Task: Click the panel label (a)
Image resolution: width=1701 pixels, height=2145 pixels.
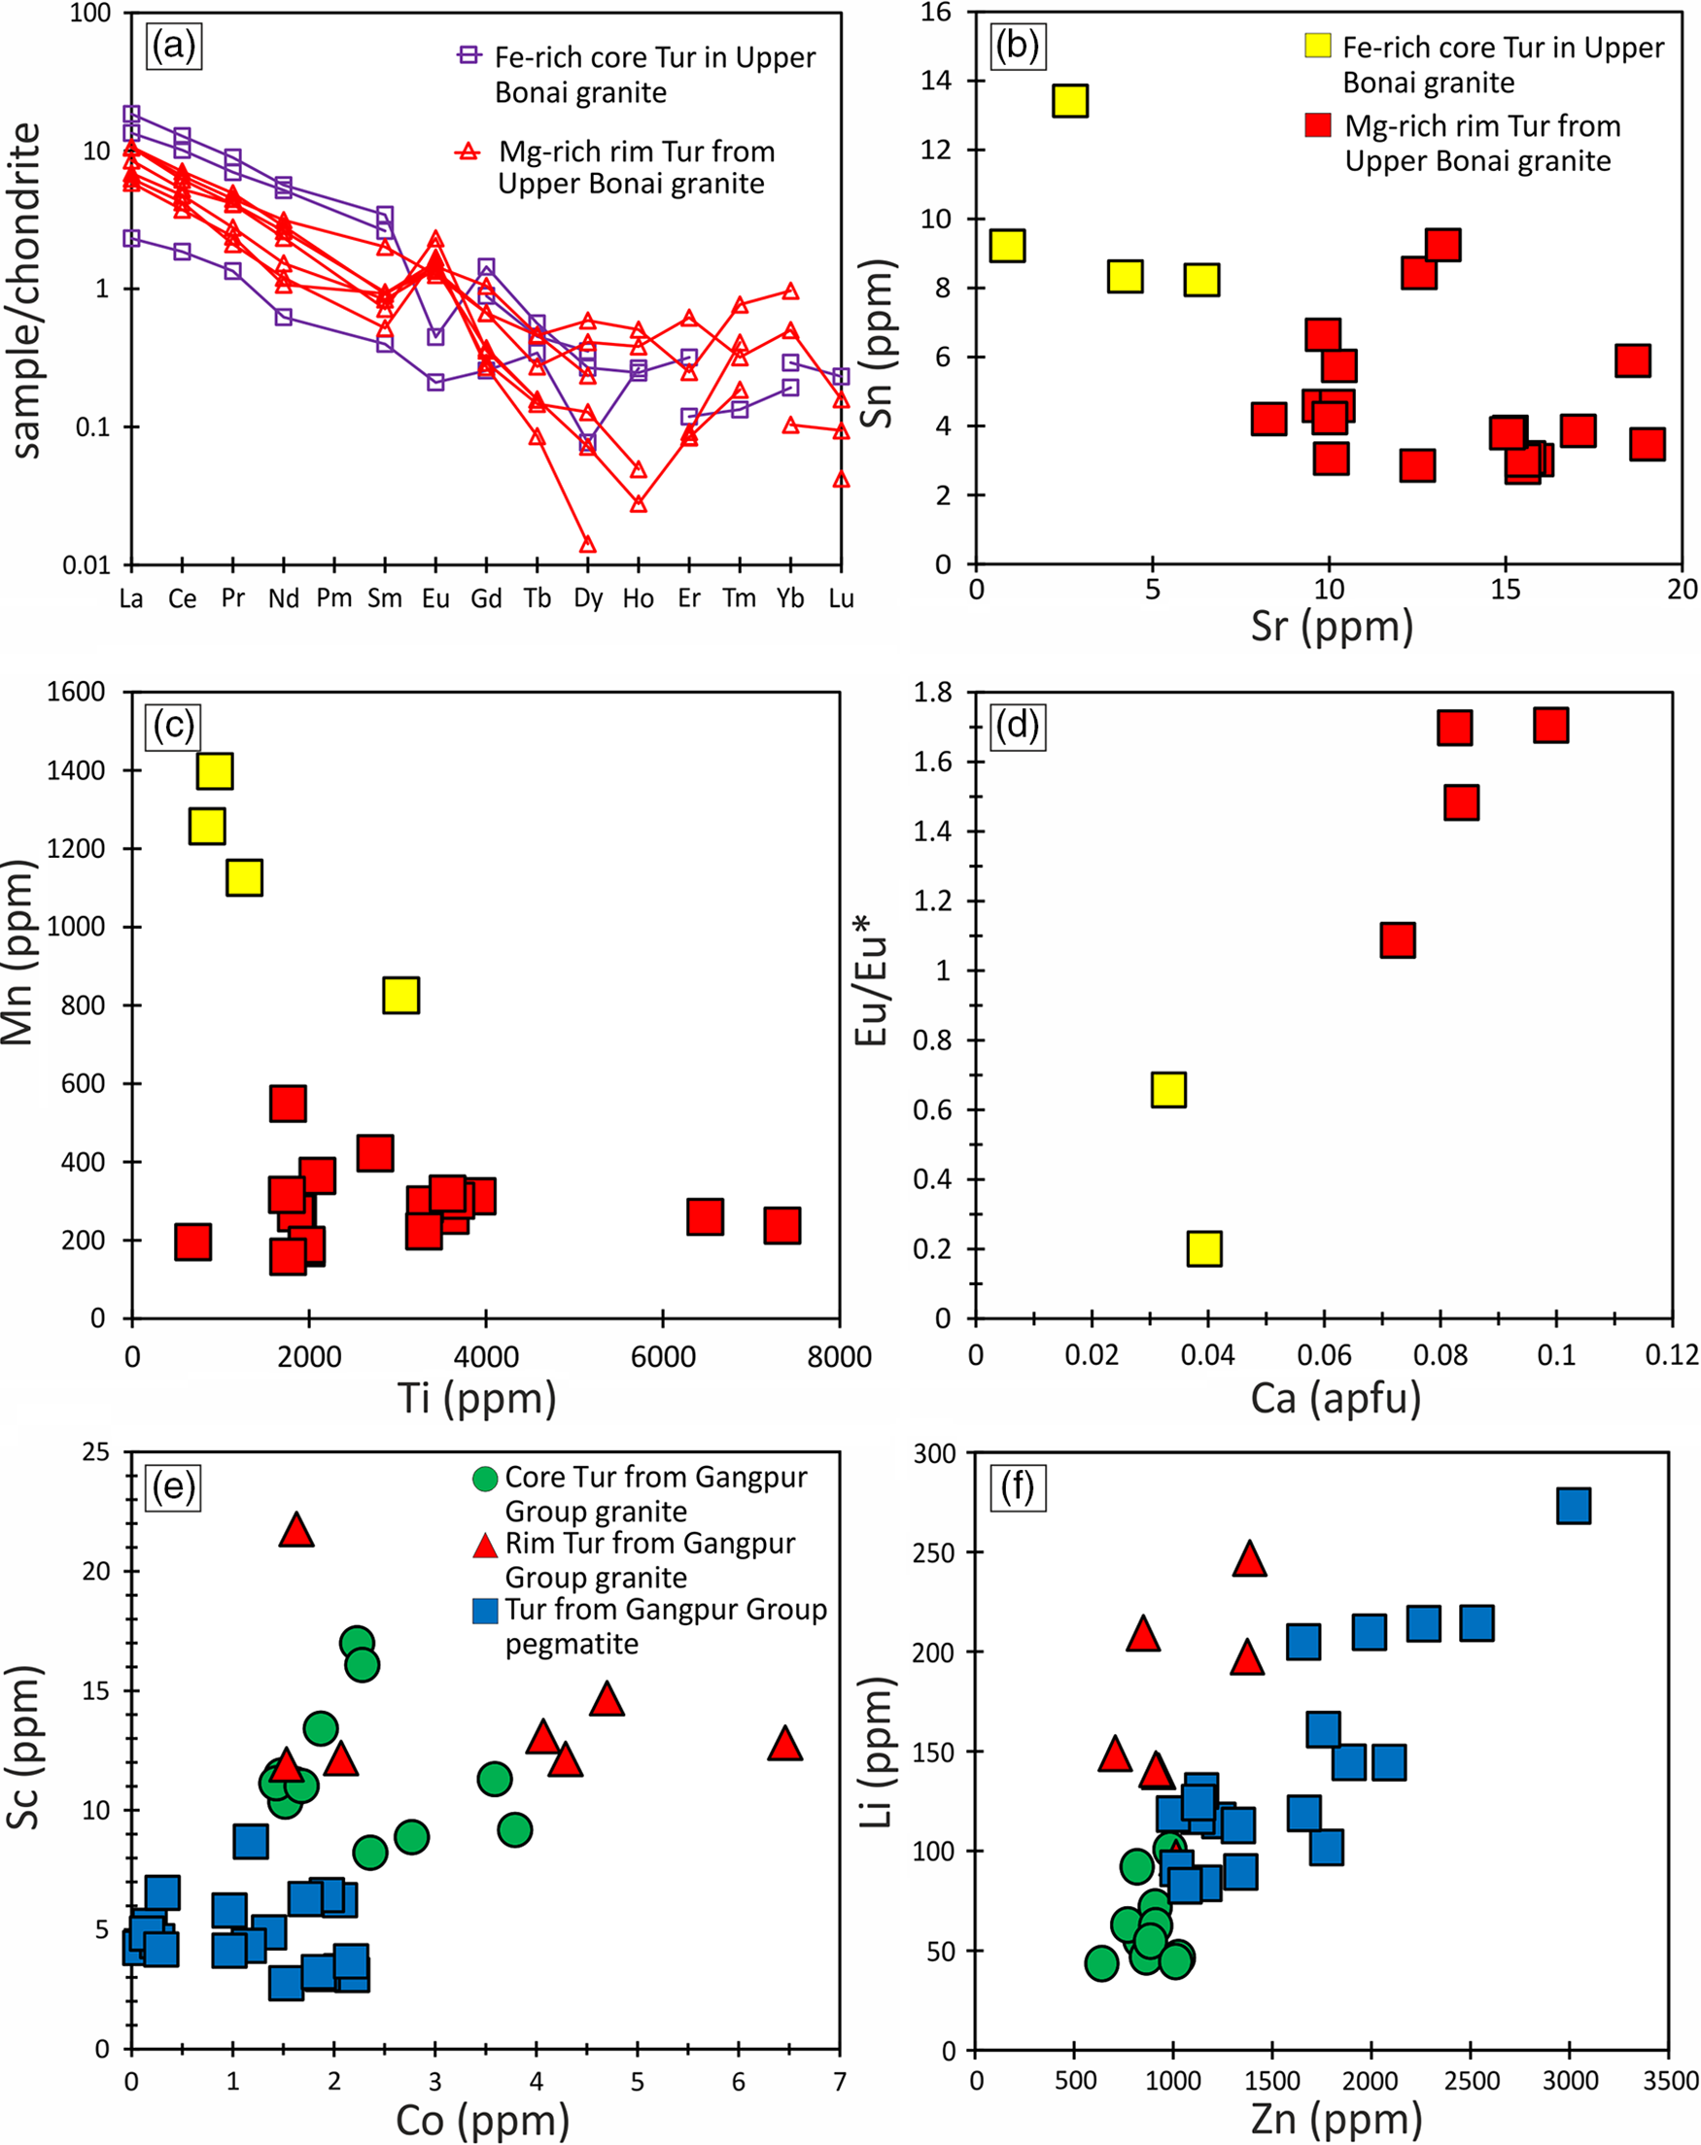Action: (174, 46)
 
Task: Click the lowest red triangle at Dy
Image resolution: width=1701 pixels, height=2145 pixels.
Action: (587, 544)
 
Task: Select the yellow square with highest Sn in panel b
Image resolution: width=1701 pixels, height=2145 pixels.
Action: (1069, 100)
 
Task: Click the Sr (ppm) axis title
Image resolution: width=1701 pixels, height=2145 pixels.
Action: (1332, 627)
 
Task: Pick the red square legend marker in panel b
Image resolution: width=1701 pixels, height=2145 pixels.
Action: (1318, 125)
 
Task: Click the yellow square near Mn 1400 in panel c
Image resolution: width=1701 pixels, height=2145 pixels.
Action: (215, 770)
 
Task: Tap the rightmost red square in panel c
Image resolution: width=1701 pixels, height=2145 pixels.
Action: (782, 1226)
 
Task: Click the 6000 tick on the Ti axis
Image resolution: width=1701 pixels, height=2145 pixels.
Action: (663, 1356)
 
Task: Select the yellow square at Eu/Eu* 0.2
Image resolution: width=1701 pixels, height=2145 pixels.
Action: (1204, 1248)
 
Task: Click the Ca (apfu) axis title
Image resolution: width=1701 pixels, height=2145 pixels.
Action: (1335, 1398)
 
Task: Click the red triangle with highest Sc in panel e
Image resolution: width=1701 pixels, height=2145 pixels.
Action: (296, 1530)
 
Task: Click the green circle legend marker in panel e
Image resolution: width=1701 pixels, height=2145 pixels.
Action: (485, 1479)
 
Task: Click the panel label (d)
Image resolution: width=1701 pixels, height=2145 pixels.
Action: (1018, 727)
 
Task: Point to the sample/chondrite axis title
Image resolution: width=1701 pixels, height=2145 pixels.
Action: (28, 290)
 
